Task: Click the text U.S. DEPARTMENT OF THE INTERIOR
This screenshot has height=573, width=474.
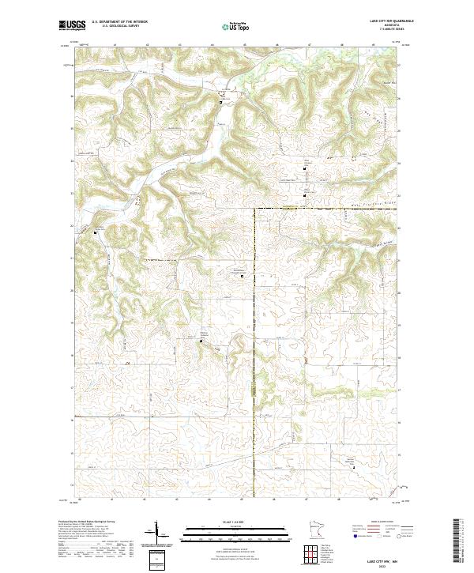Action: [119, 20]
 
